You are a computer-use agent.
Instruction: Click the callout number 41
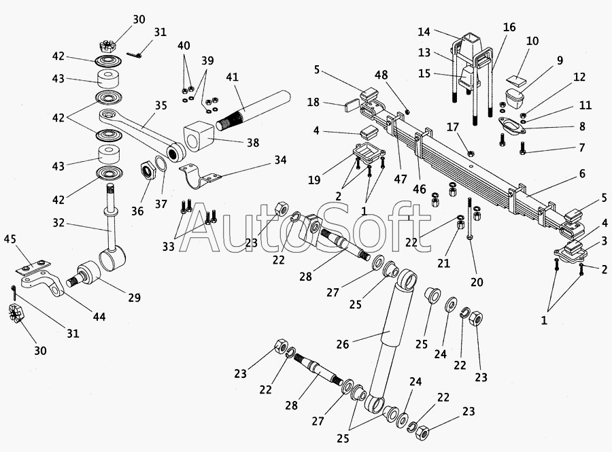(x=233, y=77)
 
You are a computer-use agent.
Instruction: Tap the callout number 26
(x=342, y=344)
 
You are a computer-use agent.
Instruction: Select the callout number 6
(x=582, y=173)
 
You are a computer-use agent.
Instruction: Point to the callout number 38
(x=253, y=143)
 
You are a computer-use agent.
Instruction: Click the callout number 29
(x=134, y=298)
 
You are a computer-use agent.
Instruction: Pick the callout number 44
(x=99, y=317)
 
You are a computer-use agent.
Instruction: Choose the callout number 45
(x=10, y=239)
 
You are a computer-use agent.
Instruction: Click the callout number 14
(x=424, y=31)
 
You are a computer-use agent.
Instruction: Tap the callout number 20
(x=477, y=281)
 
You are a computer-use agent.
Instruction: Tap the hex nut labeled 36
(x=148, y=171)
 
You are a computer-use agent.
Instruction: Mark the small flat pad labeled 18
(x=352, y=105)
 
